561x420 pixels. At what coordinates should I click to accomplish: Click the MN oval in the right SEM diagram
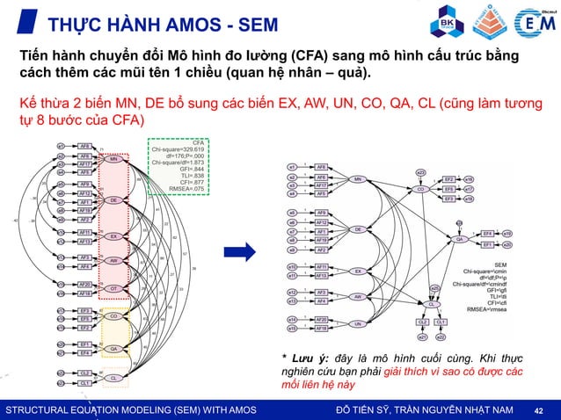pyautogui.click(x=358, y=179)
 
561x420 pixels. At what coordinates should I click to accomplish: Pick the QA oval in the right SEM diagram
pyautogui.click(x=459, y=238)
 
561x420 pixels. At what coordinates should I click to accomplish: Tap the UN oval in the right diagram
pyautogui.click(x=358, y=323)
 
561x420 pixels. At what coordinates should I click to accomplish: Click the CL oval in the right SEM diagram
pyautogui.click(x=433, y=302)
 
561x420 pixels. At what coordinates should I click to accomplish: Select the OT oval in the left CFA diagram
pyautogui.click(x=113, y=288)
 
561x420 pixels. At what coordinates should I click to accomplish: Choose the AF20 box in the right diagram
pyautogui.click(x=323, y=319)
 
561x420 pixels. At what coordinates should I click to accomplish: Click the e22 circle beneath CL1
pyautogui.click(x=441, y=336)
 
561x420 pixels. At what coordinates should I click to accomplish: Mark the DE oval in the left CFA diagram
pyautogui.click(x=113, y=200)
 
